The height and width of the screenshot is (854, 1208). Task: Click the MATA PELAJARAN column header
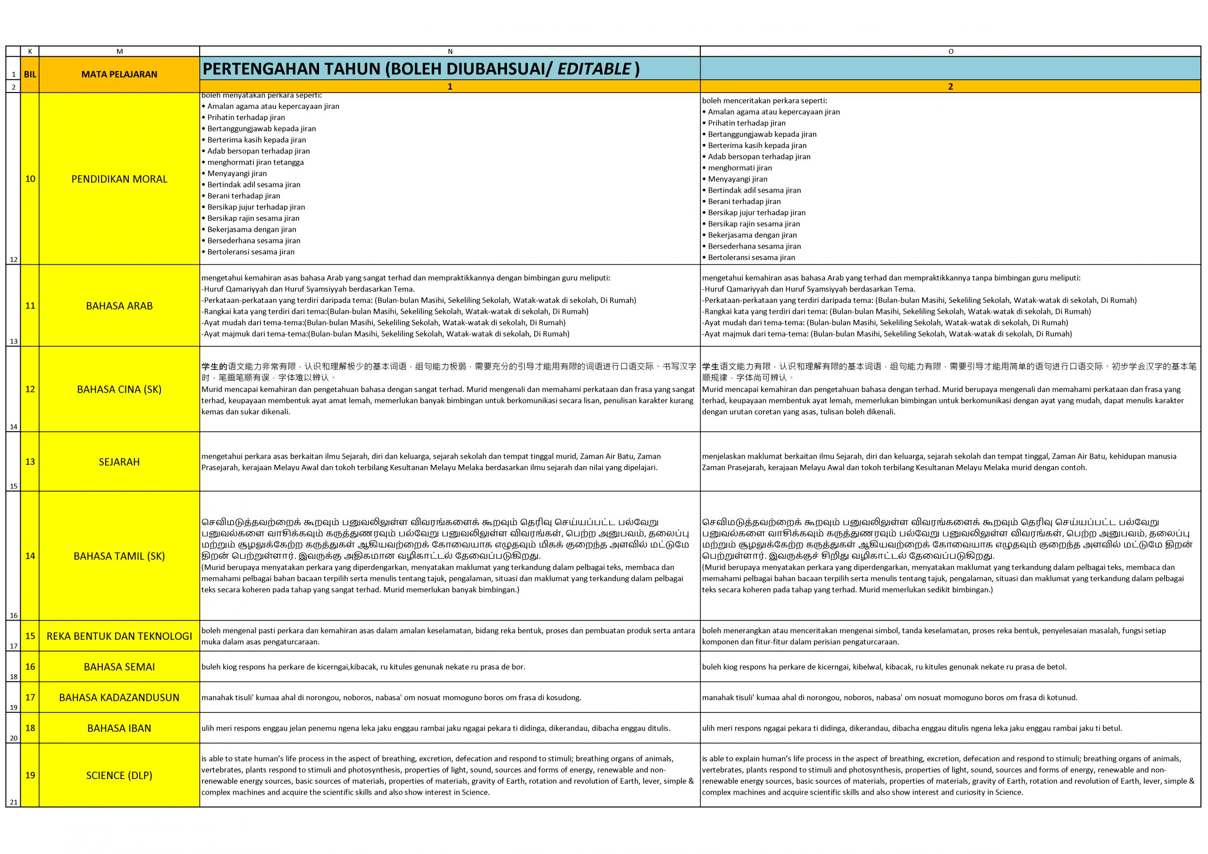tap(119, 74)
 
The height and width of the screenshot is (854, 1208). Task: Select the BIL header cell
tap(30, 74)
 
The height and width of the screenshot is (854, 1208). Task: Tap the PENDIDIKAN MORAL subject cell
tap(119, 179)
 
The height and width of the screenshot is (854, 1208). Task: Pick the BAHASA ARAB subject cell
tap(119, 306)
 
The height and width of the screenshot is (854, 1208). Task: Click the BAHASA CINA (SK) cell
tap(119, 389)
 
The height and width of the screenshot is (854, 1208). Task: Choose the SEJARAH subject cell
tap(119, 462)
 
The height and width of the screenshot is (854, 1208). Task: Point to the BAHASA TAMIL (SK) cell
tap(119, 556)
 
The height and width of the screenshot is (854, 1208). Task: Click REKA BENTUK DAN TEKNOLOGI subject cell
tap(119, 636)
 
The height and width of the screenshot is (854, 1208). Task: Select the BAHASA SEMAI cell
tap(119, 667)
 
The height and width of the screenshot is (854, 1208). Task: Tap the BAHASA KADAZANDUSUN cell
tap(119, 698)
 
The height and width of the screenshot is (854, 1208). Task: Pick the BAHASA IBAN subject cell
tap(119, 728)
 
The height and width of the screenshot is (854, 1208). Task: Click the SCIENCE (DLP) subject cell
tap(119, 776)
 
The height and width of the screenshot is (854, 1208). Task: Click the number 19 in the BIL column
tap(30, 775)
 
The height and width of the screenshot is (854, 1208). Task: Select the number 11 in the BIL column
tap(30, 305)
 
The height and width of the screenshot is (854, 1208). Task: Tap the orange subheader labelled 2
tap(950, 86)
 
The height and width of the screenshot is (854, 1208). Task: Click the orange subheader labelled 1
tap(450, 86)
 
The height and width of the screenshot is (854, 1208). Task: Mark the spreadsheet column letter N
tap(450, 51)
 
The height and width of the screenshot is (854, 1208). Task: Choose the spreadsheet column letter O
tap(950, 51)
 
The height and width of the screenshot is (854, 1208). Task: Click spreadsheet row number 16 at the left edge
tap(13, 615)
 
